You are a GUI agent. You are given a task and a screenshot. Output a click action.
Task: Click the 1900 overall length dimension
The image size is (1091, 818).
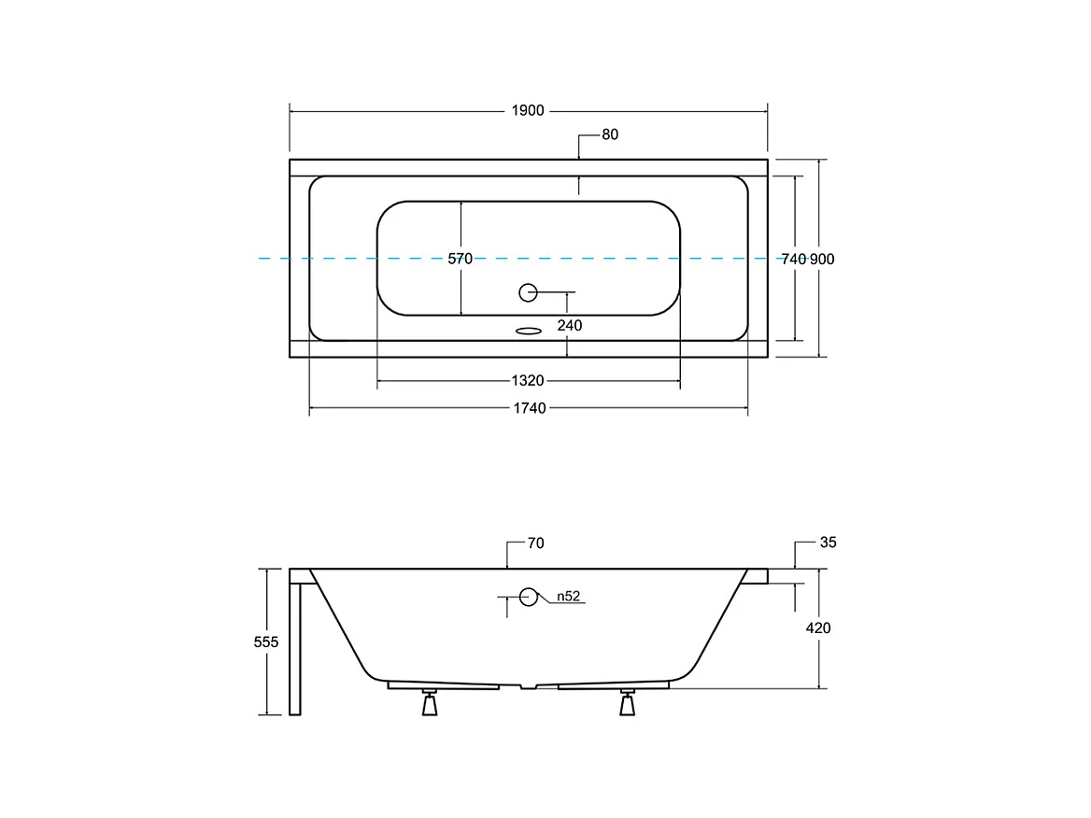coord(528,111)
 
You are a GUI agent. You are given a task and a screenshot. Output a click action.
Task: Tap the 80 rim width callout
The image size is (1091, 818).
coord(609,134)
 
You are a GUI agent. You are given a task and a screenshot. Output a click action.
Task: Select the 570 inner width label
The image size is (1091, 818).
coord(460,259)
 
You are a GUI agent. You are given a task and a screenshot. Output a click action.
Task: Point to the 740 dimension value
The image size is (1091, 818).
coord(793,260)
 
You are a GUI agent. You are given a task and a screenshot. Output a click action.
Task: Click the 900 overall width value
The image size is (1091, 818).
coord(822,260)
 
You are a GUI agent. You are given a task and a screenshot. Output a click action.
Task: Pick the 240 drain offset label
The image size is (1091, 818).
coord(569,326)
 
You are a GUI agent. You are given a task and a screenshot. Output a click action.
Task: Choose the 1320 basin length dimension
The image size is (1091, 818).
coord(528,381)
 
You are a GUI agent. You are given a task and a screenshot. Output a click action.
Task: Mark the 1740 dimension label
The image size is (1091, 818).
coord(528,408)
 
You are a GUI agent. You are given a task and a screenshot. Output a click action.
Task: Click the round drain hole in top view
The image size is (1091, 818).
coord(528,292)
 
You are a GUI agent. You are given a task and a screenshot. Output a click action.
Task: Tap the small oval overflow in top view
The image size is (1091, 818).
coord(529,330)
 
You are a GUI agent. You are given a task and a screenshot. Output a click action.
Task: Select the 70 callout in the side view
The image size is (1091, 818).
coord(535,543)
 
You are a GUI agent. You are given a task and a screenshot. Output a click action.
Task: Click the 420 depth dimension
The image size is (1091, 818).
coord(818,628)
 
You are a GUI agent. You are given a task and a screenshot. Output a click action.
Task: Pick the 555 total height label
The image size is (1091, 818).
coord(266,642)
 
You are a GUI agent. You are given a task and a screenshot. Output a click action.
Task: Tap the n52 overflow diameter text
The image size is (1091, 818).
coord(570,597)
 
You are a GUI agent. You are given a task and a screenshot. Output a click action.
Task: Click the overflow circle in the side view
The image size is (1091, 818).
coord(530,597)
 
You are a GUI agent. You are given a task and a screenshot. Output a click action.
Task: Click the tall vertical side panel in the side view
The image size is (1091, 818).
coord(295,649)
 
